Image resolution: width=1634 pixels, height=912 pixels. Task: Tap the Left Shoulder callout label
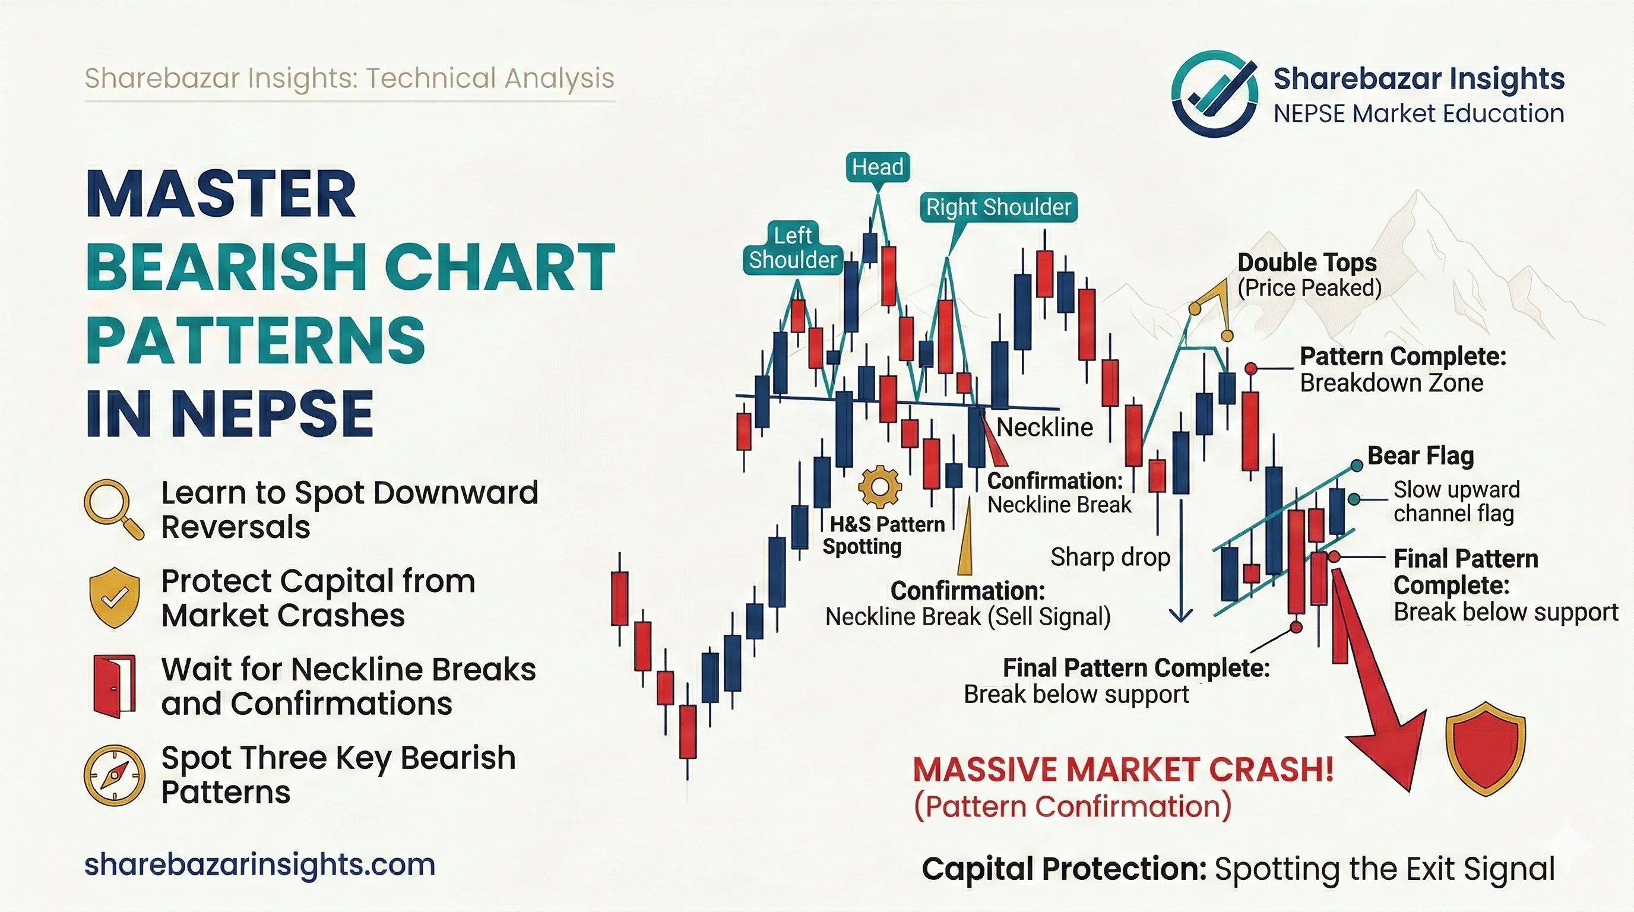[x=793, y=248]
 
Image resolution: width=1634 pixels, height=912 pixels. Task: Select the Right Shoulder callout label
[x=999, y=207]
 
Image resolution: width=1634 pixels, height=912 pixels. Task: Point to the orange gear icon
[x=880, y=486]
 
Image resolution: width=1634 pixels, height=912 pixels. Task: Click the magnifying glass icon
[x=113, y=509]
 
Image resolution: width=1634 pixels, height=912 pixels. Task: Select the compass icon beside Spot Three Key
[x=114, y=775]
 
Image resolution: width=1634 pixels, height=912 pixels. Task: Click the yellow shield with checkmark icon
[x=114, y=597]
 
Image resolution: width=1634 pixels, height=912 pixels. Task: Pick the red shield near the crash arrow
[x=1485, y=748]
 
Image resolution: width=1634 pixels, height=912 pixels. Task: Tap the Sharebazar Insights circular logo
[x=1215, y=94]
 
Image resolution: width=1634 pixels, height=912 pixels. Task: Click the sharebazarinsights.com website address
[x=260, y=864]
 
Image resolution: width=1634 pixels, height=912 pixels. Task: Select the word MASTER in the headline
[x=221, y=194]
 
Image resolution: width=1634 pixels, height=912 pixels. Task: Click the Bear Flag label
[x=1420, y=455]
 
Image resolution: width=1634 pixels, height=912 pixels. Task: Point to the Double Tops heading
[x=1307, y=262]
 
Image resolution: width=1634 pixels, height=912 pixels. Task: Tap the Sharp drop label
[x=1110, y=557]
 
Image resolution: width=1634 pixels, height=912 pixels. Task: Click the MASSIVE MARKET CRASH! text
[x=1123, y=769]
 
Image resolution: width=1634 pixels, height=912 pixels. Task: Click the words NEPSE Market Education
[x=1418, y=114]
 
